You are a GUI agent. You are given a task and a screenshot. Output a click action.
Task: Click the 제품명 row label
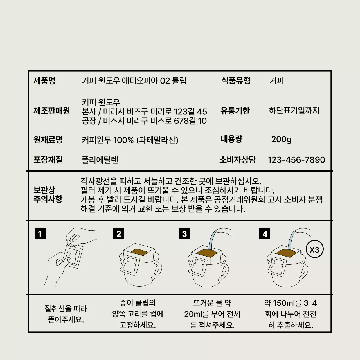pyautogui.click(x=44, y=81)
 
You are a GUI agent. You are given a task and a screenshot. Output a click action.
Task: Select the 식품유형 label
pyautogui.click(x=236, y=81)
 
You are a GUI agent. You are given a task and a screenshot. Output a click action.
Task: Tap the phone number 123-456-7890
pyautogui.click(x=296, y=160)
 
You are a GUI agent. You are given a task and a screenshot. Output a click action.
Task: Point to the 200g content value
pyautogui.click(x=281, y=139)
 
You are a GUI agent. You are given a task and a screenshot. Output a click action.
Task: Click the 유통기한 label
pyautogui.click(x=235, y=111)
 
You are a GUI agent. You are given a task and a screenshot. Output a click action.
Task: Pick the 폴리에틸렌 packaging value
pyautogui.click(x=100, y=160)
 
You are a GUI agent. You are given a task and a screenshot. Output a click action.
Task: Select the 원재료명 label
pyautogui.click(x=48, y=140)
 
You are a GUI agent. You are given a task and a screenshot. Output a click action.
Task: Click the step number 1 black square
pyautogui.click(x=40, y=233)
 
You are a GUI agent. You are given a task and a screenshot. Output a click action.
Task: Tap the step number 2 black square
pyautogui.click(x=119, y=233)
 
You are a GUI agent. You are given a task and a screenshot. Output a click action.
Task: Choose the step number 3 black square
pyautogui.click(x=184, y=233)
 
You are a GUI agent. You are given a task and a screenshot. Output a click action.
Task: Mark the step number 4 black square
pyautogui.click(x=265, y=233)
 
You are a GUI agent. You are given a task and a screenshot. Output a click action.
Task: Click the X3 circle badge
pyautogui.click(x=314, y=249)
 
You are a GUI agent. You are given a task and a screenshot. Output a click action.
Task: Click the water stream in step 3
pyautogui.click(x=211, y=239)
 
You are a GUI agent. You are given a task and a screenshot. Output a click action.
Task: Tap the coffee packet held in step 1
pyautogui.click(x=73, y=256)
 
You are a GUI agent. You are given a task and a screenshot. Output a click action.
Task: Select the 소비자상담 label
pyautogui.click(x=237, y=160)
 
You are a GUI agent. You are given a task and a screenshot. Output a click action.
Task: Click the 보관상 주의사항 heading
pyautogui.click(x=48, y=195)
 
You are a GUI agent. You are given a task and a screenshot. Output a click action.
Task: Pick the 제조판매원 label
pyautogui.click(x=52, y=111)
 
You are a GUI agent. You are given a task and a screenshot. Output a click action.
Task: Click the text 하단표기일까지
pyautogui.click(x=294, y=111)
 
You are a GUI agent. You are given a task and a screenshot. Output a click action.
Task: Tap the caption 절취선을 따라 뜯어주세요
pyautogui.click(x=66, y=314)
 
